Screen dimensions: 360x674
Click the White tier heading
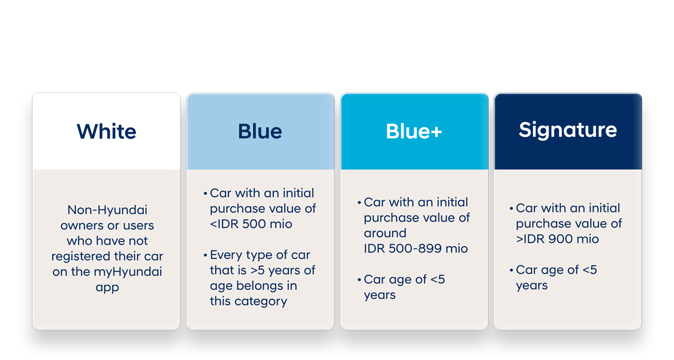(x=106, y=131)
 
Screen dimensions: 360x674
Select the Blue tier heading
(x=260, y=131)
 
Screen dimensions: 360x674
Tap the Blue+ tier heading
(x=414, y=131)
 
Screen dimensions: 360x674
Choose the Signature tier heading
(x=567, y=130)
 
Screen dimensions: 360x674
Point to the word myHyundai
(x=128, y=272)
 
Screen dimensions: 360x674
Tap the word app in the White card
(x=107, y=287)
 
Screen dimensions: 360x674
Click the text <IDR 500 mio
(x=251, y=224)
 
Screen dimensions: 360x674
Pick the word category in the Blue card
(x=262, y=301)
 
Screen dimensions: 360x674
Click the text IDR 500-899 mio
(x=416, y=248)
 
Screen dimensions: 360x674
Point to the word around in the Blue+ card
(x=384, y=233)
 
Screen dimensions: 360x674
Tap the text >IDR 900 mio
(x=557, y=239)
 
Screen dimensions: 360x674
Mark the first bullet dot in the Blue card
(x=205, y=194)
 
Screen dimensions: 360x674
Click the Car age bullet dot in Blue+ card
(x=359, y=280)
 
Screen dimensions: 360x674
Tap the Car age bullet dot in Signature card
(x=511, y=271)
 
